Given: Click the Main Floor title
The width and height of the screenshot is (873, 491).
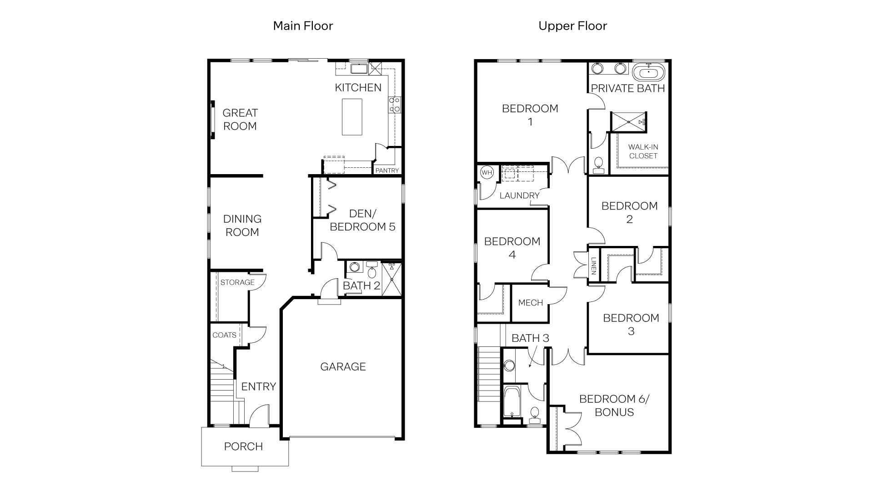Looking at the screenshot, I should (x=303, y=26).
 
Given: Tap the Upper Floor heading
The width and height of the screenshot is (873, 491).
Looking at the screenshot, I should (x=572, y=26).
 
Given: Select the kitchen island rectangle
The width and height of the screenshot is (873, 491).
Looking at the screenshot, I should (x=352, y=117).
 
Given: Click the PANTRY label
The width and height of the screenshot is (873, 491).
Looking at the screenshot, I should (x=387, y=170).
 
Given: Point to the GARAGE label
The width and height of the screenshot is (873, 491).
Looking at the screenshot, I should (x=343, y=366).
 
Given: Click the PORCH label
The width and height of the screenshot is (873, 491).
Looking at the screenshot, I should (x=243, y=446).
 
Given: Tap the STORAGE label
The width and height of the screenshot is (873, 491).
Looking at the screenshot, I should (x=237, y=282).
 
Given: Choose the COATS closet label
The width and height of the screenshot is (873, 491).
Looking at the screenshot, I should (x=224, y=335).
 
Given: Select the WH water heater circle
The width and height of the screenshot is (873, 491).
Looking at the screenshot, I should (x=487, y=173).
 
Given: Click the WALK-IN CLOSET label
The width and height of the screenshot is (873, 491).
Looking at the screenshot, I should (x=643, y=151).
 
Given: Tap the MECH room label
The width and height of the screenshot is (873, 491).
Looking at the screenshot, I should (x=531, y=303).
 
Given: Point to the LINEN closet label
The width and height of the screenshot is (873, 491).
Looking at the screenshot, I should (x=594, y=266).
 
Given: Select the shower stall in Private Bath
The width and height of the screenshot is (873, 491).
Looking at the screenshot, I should (x=628, y=122).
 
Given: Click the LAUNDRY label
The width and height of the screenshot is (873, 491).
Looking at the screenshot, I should (x=519, y=195).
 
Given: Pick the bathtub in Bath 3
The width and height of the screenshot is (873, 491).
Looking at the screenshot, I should (x=512, y=401).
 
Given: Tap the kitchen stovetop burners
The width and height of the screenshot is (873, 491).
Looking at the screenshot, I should (x=394, y=105).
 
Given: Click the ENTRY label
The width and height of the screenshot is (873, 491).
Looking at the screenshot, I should (x=258, y=386).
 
